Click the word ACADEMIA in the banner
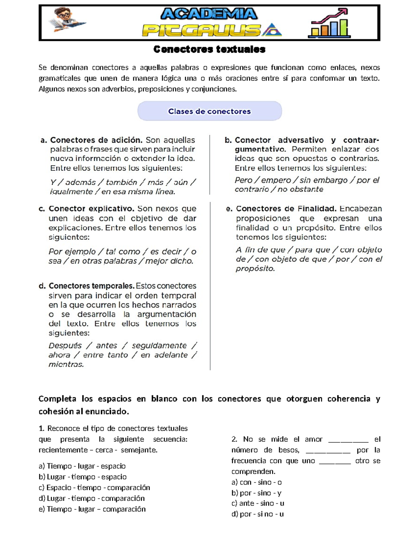(x=209, y=14)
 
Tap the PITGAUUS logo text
(x=201, y=30)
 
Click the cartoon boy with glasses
(x=66, y=20)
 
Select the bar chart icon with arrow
(x=329, y=24)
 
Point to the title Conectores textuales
(x=209, y=50)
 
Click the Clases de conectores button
(x=209, y=111)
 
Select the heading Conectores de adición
(x=96, y=140)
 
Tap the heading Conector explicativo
(x=91, y=209)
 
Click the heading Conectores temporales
(x=91, y=286)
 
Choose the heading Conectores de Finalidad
(x=286, y=209)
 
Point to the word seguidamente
(x=159, y=346)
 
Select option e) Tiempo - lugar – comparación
(x=92, y=509)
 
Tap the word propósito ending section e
(x=255, y=269)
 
